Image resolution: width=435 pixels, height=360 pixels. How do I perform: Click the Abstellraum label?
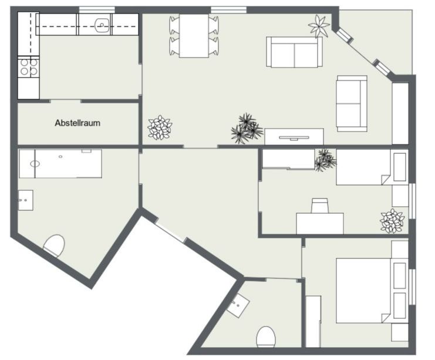coord(77,123)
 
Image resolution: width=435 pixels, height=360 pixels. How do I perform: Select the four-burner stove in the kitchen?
coord(29,67)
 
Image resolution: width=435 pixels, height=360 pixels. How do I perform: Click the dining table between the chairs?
coord(194,36)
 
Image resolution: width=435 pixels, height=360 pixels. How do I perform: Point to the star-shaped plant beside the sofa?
coord(319,26)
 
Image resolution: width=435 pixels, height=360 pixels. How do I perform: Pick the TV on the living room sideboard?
coord(294,138)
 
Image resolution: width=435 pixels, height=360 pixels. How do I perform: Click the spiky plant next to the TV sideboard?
coord(247,128)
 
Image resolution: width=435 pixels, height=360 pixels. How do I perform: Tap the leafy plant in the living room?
coord(160,127)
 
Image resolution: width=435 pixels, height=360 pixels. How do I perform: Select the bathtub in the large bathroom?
coord(60,164)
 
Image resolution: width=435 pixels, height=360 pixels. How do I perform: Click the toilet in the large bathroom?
coord(55,246)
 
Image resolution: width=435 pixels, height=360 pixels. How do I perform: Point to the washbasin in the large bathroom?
coord(26,200)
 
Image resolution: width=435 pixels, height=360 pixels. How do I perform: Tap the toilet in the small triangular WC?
coord(265,337)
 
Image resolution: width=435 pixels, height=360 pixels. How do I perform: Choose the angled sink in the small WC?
coord(238,305)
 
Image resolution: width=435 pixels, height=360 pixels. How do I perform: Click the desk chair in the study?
coord(320,206)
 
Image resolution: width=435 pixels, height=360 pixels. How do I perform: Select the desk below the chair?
coord(320,223)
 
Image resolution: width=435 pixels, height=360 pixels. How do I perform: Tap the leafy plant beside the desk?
coord(393,221)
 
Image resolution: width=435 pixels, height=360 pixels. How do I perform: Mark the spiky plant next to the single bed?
coord(325,160)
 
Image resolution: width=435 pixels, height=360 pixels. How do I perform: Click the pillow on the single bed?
coord(400,167)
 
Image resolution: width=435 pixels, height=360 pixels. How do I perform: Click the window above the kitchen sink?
coord(97,10)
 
